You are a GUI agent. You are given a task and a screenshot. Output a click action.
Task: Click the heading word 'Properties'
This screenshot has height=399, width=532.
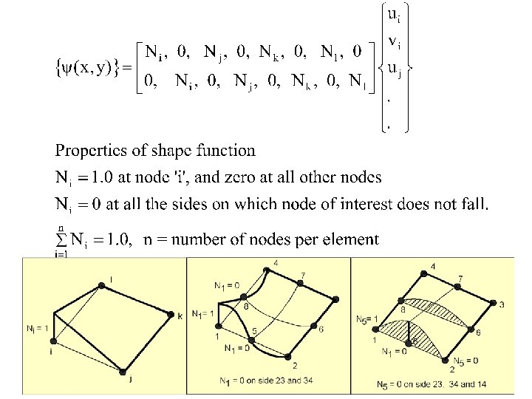(x=90, y=151)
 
